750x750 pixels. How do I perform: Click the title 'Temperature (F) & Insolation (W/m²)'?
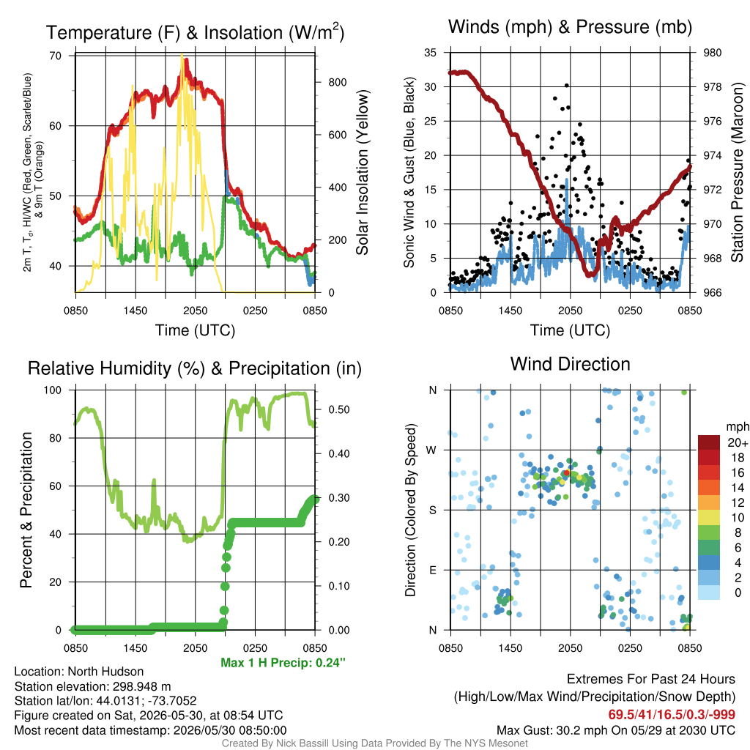click(195, 32)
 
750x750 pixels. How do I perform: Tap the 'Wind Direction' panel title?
click(570, 364)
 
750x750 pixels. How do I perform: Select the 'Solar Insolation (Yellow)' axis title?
click(363, 173)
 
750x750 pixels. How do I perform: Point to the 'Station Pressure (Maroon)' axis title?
click(737, 173)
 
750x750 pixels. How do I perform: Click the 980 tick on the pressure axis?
click(712, 53)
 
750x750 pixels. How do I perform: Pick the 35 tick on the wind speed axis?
click(430, 53)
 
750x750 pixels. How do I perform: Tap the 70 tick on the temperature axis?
click(56, 56)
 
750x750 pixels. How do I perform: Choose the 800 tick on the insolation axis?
click(337, 82)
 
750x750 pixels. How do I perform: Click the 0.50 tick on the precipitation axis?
click(339, 409)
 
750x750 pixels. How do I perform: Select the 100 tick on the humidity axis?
click(53, 390)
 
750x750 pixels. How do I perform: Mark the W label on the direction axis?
click(431, 450)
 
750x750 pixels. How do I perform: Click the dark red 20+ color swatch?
click(709, 442)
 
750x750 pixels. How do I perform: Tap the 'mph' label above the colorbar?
click(738, 427)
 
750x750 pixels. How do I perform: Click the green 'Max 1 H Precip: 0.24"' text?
click(283, 662)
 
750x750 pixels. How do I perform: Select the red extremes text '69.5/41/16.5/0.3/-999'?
click(672, 715)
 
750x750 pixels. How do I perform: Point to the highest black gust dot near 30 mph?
click(567, 86)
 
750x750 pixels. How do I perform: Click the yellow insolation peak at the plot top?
click(182, 56)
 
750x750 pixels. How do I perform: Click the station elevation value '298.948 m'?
click(141, 686)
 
